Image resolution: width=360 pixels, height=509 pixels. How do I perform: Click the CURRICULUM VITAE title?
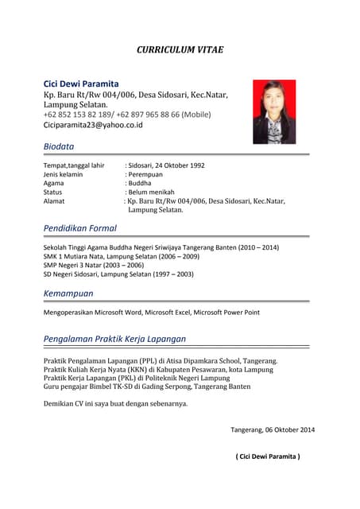point(180,49)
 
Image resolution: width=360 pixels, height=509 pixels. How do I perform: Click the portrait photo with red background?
point(274,111)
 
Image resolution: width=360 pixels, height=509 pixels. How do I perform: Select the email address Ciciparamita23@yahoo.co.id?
point(93,125)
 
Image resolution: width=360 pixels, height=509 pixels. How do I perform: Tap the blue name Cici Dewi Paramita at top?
point(81,84)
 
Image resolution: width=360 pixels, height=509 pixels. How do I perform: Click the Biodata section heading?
point(59,146)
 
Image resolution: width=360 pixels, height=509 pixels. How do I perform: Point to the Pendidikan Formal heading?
point(80,228)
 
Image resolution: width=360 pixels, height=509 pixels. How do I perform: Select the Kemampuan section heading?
point(68,293)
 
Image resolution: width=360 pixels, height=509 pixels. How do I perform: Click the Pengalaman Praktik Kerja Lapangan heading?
point(114,338)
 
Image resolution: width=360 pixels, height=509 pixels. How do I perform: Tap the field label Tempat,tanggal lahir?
point(74,165)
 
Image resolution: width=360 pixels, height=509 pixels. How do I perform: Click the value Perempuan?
point(145,174)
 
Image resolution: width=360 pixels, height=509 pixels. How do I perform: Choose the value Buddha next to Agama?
point(140,183)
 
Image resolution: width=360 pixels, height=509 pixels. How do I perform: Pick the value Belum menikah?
point(151,192)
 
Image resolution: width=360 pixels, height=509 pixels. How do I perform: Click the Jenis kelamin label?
point(63,174)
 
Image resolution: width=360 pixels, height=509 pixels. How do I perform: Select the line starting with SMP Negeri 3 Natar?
point(94,265)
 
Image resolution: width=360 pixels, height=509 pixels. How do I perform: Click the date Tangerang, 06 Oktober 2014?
point(273,429)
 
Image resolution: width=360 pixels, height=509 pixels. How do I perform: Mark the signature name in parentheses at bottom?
point(268,457)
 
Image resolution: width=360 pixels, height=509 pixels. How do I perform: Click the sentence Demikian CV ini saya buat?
point(115,404)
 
